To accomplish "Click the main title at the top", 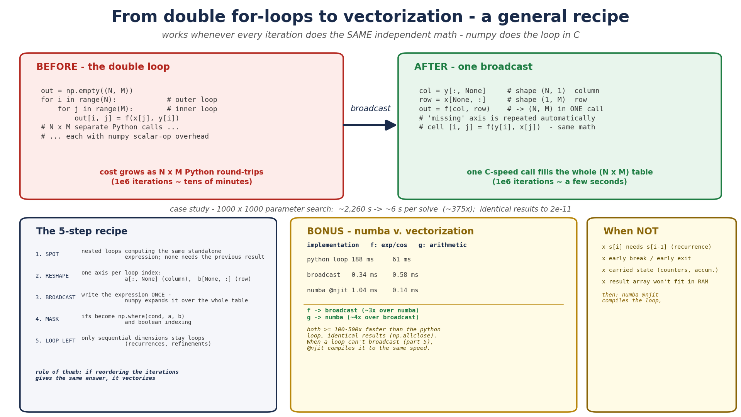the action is [x=370, y=17].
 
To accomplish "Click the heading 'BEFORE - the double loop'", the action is [x=103, y=67].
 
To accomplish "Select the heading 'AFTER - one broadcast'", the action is [x=473, y=67].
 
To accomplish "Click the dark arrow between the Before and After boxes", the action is [x=370, y=125].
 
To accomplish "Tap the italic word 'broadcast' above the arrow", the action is [x=370, y=109].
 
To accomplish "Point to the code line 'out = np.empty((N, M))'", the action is [x=87, y=91].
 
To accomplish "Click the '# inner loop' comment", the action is [x=192, y=109].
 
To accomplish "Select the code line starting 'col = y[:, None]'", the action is [x=509, y=91].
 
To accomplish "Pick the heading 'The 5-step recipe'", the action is [x=82, y=232].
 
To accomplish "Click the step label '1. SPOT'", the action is [x=47, y=254].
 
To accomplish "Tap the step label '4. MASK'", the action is [x=47, y=319].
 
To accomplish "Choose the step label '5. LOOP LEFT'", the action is [x=56, y=341].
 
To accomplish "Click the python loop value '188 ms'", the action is [x=363, y=260].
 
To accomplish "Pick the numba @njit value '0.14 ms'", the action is [x=405, y=291].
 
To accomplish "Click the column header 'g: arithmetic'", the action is [x=443, y=246].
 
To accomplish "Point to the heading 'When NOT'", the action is [x=631, y=232].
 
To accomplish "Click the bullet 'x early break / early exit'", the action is [x=646, y=259].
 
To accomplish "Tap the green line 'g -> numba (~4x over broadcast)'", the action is [x=363, y=318].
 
